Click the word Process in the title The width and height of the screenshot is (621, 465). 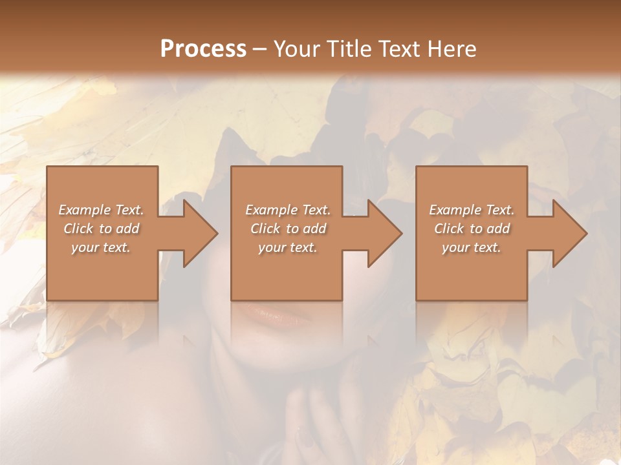tap(203, 49)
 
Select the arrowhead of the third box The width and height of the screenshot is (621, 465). tap(569, 234)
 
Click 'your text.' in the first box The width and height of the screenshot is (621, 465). tap(101, 247)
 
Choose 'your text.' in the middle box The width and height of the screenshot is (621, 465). tap(287, 247)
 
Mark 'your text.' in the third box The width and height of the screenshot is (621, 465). tap(471, 247)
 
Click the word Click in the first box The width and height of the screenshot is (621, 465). tap(78, 229)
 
